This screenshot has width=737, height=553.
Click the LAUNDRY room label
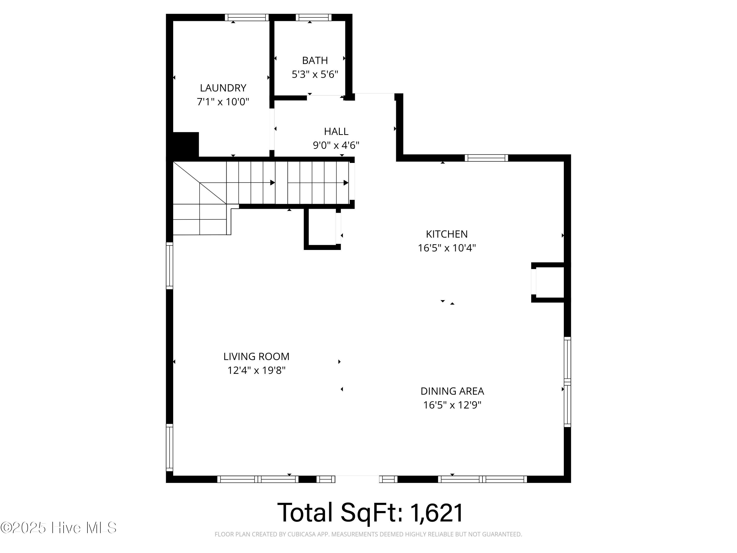pyautogui.click(x=223, y=88)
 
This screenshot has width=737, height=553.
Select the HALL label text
pyautogui.click(x=336, y=132)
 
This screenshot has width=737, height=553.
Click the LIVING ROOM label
pyautogui.click(x=256, y=356)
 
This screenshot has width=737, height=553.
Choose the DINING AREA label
pyautogui.click(x=452, y=391)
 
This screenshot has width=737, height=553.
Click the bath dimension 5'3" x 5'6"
pyautogui.click(x=315, y=74)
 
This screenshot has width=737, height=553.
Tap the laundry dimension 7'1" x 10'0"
pyautogui.click(x=223, y=102)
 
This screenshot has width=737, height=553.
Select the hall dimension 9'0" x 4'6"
pyautogui.click(x=336, y=145)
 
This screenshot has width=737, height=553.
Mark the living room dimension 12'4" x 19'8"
pyautogui.click(x=256, y=370)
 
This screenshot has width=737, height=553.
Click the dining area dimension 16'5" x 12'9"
pyautogui.click(x=452, y=405)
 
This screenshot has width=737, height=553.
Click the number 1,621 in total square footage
pyautogui.click(x=437, y=512)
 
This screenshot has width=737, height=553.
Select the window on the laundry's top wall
pyautogui.click(x=247, y=17)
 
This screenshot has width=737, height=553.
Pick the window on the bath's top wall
pyautogui.click(x=313, y=17)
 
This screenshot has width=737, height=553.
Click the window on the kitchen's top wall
pyautogui.click(x=486, y=158)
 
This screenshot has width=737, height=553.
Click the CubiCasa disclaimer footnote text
pyautogui.click(x=368, y=534)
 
